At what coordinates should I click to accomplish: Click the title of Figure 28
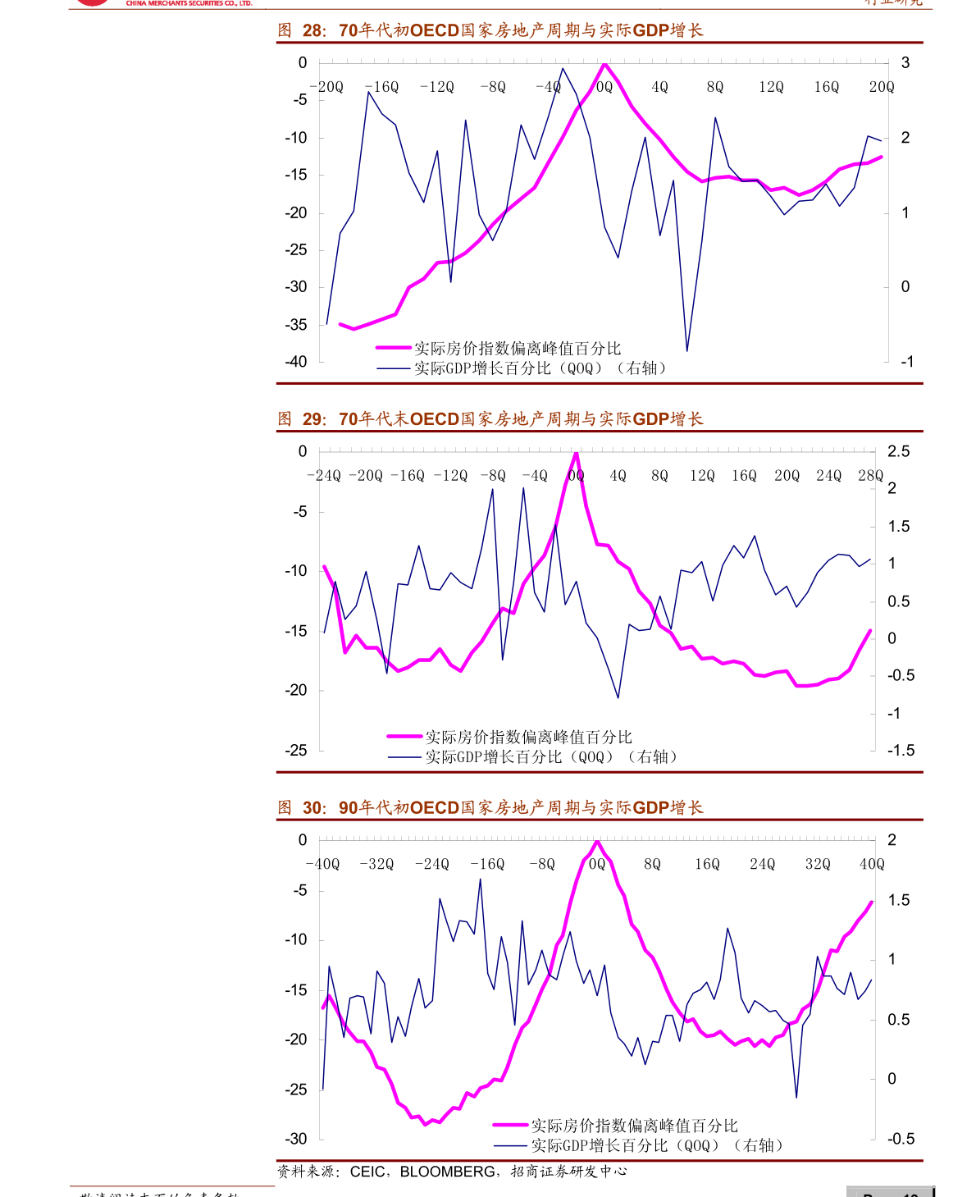[x=490, y=31]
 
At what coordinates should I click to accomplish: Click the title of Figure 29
[x=490, y=419]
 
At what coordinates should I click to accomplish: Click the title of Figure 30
[x=490, y=808]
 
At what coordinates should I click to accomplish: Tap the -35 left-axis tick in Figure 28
[x=296, y=325]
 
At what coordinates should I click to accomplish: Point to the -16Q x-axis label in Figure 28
[x=381, y=87]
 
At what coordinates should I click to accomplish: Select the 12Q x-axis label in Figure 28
[x=771, y=87]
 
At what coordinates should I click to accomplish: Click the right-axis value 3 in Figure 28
[x=905, y=63]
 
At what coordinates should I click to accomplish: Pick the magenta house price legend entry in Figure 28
[x=499, y=349]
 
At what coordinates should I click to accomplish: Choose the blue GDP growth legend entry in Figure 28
[x=521, y=368]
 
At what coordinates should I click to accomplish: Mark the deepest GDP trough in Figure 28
[x=687, y=351]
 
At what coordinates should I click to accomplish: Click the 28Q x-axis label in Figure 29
[x=870, y=476]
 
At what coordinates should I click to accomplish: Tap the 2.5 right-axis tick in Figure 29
[x=899, y=452]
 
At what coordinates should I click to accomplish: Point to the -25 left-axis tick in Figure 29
[x=296, y=751]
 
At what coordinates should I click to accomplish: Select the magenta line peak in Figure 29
[x=577, y=453]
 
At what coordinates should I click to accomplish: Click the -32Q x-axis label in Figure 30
[x=376, y=865]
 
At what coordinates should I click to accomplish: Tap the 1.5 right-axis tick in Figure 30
[x=899, y=901]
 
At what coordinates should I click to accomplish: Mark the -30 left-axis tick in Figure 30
[x=296, y=1140]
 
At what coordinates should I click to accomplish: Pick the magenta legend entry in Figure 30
[x=615, y=1126]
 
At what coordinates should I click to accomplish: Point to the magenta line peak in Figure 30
[x=597, y=842]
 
